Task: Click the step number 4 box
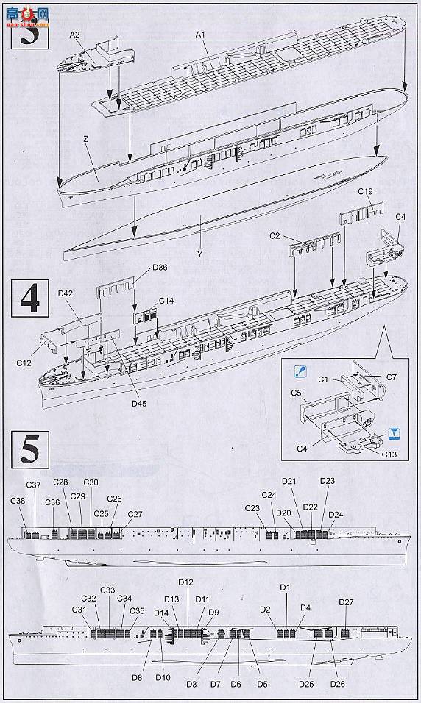pos(29,300)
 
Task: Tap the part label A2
pos(75,35)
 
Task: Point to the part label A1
pos(201,35)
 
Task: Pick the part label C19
pos(366,192)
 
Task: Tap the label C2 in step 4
pos(275,236)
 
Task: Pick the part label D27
pos(346,602)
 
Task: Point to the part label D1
pos(286,587)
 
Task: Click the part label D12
pos(185,582)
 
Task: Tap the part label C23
pos(252,508)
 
